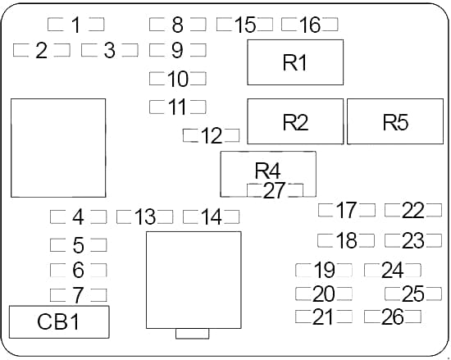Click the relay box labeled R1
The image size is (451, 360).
click(295, 62)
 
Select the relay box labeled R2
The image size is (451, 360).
click(295, 121)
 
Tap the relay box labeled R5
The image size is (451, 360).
click(395, 121)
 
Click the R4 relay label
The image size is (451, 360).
click(267, 171)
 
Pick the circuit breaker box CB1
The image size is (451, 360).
click(59, 321)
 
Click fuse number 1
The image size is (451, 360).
click(76, 25)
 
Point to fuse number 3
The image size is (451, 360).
click(110, 50)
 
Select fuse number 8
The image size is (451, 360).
click(178, 25)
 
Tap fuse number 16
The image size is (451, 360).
click(310, 25)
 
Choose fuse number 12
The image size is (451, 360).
click(212, 135)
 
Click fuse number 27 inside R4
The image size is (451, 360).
click(275, 190)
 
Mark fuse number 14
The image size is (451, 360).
click(212, 216)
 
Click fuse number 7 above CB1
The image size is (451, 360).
click(78, 294)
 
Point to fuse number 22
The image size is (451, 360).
click(413, 210)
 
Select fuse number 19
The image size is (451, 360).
click(324, 270)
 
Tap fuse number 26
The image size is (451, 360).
click(393, 317)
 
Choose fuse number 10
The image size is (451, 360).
click(178, 79)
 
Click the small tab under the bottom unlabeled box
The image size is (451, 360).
click(193, 334)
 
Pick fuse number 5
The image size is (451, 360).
click(78, 245)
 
